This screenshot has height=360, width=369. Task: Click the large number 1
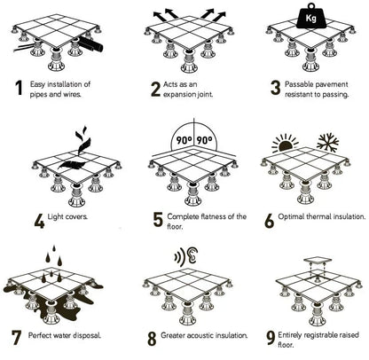(17, 89)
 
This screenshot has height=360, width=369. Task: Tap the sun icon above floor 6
(285, 142)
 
